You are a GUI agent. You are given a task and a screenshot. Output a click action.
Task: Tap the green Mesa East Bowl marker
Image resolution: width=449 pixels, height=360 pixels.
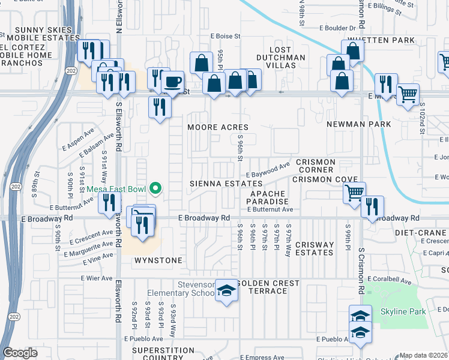pyautogui.click(x=156, y=189)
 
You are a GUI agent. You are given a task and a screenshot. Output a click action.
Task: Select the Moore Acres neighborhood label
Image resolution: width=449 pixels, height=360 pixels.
pyautogui.click(x=217, y=127)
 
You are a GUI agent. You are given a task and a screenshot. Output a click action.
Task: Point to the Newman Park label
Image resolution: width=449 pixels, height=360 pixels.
pyautogui.click(x=359, y=124)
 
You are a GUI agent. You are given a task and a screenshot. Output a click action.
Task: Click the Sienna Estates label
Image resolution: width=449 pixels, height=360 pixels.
pyautogui.click(x=217, y=183)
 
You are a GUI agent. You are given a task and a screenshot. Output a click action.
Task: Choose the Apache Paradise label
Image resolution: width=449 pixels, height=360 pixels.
pyautogui.click(x=270, y=198)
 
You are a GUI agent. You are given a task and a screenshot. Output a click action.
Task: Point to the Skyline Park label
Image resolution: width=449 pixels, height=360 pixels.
pyautogui.click(x=403, y=311)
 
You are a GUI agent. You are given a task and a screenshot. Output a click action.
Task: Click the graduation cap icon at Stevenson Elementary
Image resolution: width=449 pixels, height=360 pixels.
pyautogui.click(x=226, y=291)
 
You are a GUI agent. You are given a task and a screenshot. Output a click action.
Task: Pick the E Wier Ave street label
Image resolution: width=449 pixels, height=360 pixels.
pyautogui.click(x=97, y=278)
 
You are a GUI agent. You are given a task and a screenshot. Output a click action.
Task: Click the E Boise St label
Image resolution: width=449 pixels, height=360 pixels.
pyautogui.click(x=225, y=36)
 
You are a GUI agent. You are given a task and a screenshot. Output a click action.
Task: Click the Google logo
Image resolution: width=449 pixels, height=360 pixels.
pyautogui.click(x=20, y=353)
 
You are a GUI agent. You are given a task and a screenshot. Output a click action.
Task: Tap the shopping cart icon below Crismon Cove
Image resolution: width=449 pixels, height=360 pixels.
pyautogui.click(x=355, y=192)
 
